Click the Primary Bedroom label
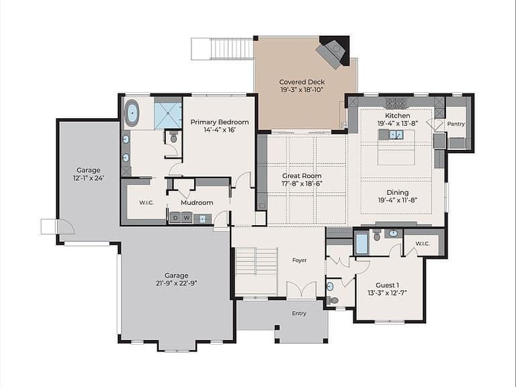[x=220, y=122]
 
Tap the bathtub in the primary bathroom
[x=132, y=113]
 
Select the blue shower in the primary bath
[x=168, y=115]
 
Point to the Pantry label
[x=456, y=124]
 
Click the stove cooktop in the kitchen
[x=396, y=103]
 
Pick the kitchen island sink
[x=396, y=134]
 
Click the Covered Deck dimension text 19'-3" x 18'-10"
[x=302, y=90]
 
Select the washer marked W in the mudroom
[x=187, y=218]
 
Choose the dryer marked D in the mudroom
[x=175, y=218]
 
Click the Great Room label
[x=302, y=176]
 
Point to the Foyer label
[x=300, y=260]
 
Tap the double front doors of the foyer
[x=302, y=290]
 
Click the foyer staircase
[x=257, y=271]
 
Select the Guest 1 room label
[x=387, y=286]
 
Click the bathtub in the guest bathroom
[x=361, y=243]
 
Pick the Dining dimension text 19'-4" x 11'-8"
[x=398, y=200]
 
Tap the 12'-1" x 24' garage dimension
[x=89, y=178]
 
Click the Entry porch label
[x=299, y=313]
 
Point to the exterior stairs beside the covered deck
[x=223, y=48]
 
